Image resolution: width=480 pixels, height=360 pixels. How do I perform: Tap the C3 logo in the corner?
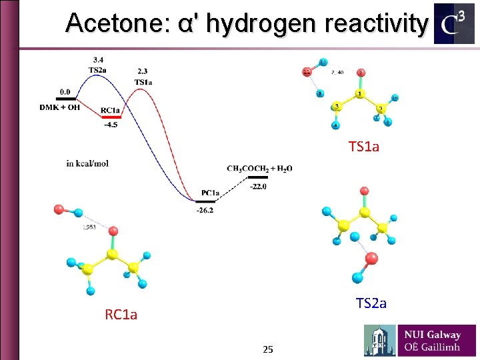pyautogui.click(x=454, y=23)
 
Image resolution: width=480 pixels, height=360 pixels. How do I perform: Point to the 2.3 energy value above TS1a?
pyautogui.click(x=143, y=71)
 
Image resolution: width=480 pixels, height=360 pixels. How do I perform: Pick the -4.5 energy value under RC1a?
pyautogui.click(x=111, y=123)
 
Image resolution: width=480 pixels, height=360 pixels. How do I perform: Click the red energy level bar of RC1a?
pyautogui.click(x=111, y=116)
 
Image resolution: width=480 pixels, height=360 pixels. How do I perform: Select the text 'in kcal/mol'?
pyautogui.click(x=87, y=163)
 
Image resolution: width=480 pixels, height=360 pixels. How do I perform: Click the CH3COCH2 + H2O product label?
pyautogui.click(x=259, y=169)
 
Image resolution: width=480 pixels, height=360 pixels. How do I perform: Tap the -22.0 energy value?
pyautogui.click(x=258, y=187)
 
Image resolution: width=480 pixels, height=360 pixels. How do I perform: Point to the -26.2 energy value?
pyautogui.click(x=205, y=211)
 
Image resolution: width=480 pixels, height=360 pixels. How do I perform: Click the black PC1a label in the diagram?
pyautogui.click(x=211, y=193)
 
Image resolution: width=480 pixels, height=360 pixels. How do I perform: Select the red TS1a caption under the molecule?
pyautogui.click(x=363, y=147)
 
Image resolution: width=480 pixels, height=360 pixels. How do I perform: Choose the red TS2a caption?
pyautogui.click(x=371, y=303)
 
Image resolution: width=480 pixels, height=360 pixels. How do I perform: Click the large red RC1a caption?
pyautogui.click(x=121, y=315)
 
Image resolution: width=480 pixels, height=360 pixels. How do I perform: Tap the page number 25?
pyautogui.click(x=268, y=349)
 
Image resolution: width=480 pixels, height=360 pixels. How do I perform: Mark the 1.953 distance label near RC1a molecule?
pyautogui.click(x=89, y=227)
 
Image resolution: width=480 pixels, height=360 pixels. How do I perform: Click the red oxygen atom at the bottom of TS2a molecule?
pyautogui.click(x=371, y=258)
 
